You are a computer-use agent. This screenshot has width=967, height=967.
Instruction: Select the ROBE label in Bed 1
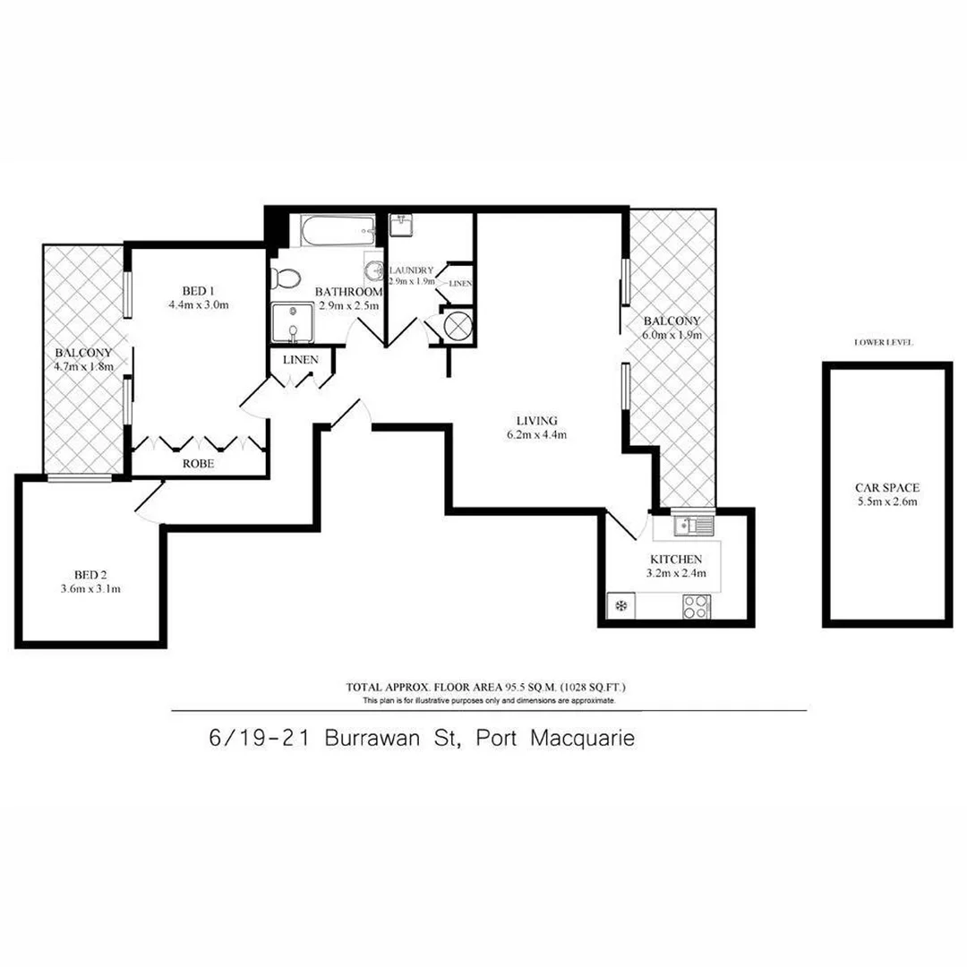pos(198,465)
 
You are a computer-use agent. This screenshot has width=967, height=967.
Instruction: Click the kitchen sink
pos(692,526)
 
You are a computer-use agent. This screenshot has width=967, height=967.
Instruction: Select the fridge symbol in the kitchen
pos(619,607)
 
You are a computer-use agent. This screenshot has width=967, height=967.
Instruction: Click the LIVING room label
pos(537,420)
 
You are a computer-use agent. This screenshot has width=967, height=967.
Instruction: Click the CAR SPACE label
pos(886,488)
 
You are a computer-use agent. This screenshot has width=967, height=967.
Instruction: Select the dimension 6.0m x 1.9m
pos(671,335)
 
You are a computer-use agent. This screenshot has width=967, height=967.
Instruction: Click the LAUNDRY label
pos(412,270)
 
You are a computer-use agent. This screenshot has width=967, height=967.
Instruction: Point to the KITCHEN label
pos(677,559)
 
